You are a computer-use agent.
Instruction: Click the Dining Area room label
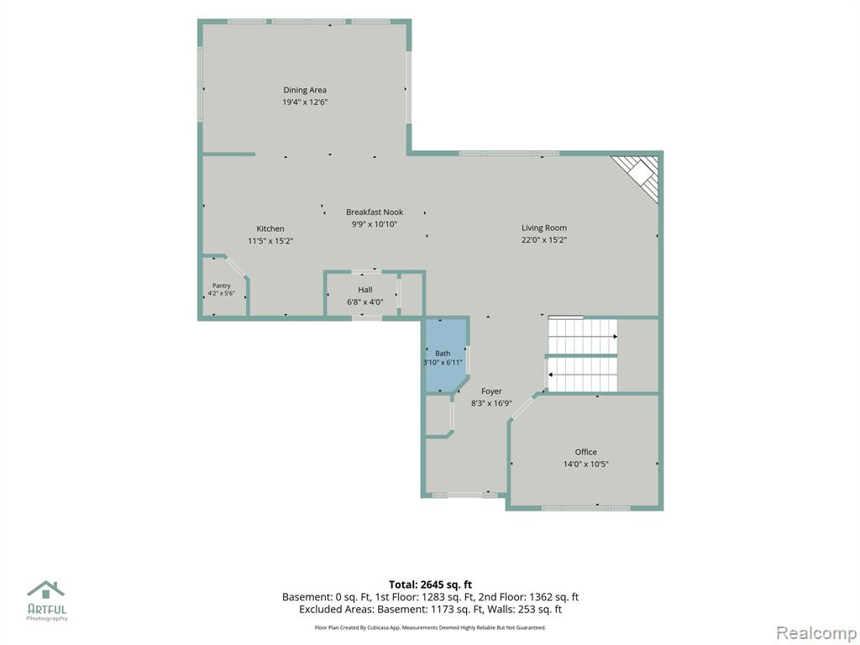point(305,90)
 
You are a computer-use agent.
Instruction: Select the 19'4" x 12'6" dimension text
point(305,102)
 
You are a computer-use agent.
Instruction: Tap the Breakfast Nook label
point(375,212)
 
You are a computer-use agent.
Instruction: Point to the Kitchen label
point(270,228)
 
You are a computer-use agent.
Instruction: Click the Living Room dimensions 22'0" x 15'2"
point(544,239)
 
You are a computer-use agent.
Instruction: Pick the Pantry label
point(222,286)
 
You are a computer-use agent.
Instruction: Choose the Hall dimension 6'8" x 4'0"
point(364,302)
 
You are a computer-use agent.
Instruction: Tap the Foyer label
point(491,391)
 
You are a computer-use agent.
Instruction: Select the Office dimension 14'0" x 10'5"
point(585,464)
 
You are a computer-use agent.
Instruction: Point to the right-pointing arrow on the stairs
point(583,336)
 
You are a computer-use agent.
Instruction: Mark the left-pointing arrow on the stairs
point(583,374)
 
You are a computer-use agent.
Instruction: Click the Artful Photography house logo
point(46,590)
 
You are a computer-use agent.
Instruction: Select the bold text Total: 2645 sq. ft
point(430,585)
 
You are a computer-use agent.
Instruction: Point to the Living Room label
point(544,228)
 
